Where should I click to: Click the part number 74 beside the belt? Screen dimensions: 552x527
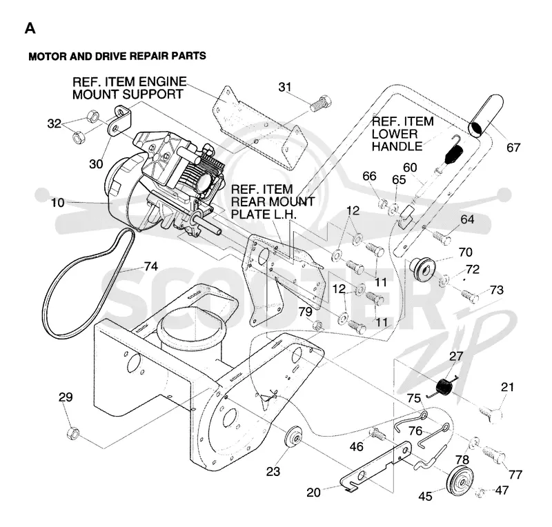pos(151,266)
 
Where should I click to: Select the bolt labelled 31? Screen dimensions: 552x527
pos(320,103)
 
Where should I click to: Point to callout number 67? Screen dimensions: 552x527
pos(513,147)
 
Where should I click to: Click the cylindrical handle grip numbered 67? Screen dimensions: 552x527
pos(486,117)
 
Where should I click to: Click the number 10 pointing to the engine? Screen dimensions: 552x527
pos(58,202)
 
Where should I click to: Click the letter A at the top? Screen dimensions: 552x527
pos(30,28)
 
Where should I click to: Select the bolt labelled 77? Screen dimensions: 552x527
pos(493,455)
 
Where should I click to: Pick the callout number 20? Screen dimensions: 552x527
pos(313,492)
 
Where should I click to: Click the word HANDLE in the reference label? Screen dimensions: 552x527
pos(397,146)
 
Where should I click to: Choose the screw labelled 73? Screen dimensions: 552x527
pos(470,296)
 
